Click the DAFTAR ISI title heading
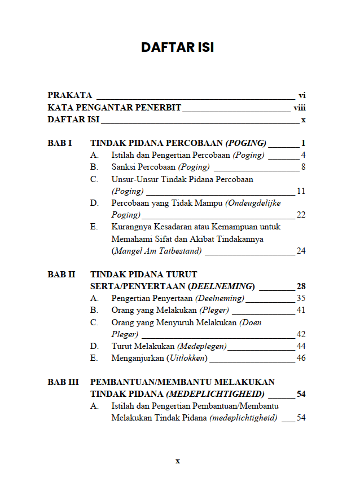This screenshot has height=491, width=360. [x=177, y=47]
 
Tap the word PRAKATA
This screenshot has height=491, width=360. [x=69, y=95]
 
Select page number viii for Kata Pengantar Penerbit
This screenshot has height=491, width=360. [x=299, y=108]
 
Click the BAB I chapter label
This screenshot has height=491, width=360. [x=59, y=143]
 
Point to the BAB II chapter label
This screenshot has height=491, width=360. [x=61, y=275]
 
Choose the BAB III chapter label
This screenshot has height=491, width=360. [x=63, y=382]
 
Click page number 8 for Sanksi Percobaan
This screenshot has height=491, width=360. [x=303, y=167]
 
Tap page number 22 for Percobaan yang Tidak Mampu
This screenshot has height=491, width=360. [x=301, y=215]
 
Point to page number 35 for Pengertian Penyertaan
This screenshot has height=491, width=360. [x=301, y=298]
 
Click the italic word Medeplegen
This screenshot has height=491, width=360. [x=202, y=346]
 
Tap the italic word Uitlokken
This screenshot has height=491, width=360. [x=187, y=358]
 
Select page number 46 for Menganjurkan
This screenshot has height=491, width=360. [x=301, y=358]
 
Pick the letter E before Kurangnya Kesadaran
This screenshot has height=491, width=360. [x=94, y=227]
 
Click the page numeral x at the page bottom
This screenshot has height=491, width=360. [x=177, y=461]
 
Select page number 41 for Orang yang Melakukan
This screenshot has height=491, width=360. [x=301, y=310]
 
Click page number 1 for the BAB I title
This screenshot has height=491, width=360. [x=303, y=143]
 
